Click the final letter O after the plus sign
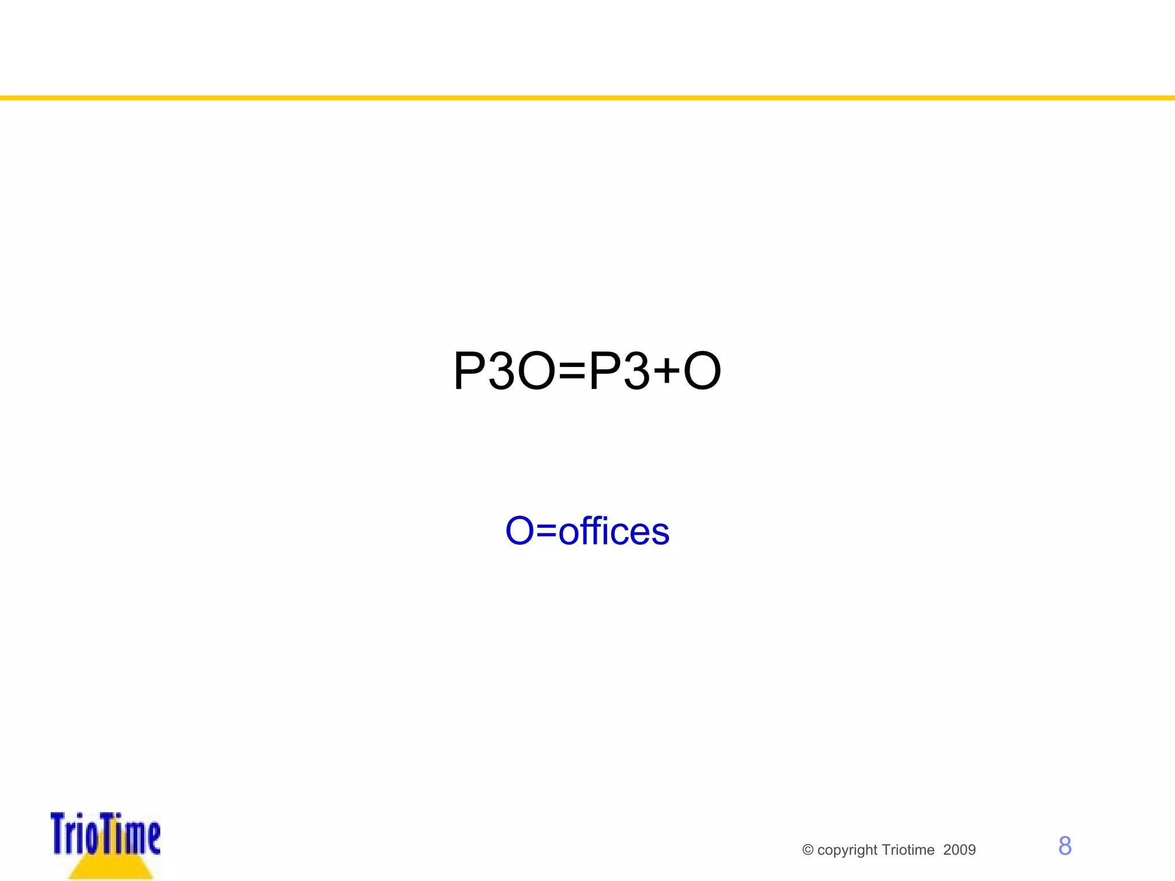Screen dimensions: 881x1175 702,371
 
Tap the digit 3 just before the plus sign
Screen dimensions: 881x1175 637,371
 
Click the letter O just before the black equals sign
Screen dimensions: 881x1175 536,371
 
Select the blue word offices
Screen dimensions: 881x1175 614,531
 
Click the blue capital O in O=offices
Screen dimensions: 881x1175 520,531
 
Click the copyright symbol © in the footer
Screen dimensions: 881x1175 808,850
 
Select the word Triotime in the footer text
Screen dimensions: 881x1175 908,850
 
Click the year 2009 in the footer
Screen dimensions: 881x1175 959,850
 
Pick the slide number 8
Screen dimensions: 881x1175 1065,846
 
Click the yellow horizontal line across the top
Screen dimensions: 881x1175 587,98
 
